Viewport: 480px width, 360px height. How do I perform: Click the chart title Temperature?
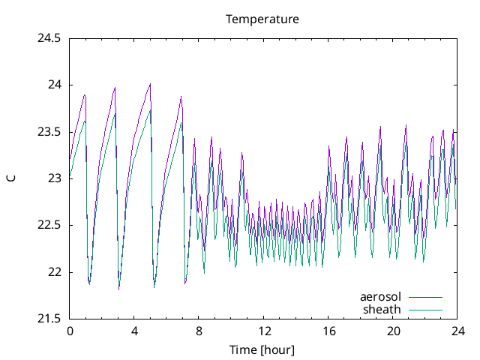pyautogui.click(x=262, y=19)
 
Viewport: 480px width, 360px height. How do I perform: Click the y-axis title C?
pyautogui.click(x=10, y=178)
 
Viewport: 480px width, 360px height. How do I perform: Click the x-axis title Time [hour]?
pyautogui.click(x=262, y=349)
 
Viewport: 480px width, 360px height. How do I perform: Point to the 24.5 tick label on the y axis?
pyautogui.click(x=49, y=37)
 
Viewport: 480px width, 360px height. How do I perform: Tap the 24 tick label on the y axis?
pyautogui.click(x=54, y=85)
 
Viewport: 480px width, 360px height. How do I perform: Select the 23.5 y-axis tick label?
pyautogui.click(x=49, y=131)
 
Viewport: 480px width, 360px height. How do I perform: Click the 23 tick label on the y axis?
pyautogui.click(x=54, y=178)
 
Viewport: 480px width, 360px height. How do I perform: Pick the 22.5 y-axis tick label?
pyautogui.click(x=49, y=225)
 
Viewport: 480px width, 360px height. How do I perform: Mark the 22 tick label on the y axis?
pyautogui.click(x=54, y=272)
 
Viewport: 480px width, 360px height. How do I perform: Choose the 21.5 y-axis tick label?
pyautogui.click(x=49, y=319)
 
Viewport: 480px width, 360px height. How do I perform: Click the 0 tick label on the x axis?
pyautogui.click(x=70, y=331)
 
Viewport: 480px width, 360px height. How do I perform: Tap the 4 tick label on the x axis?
pyautogui.click(x=134, y=331)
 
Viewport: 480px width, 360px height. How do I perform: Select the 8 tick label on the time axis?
pyautogui.click(x=199, y=331)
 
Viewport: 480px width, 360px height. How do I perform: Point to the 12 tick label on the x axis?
pyautogui.click(x=263, y=331)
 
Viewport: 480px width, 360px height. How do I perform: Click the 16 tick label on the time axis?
pyautogui.click(x=328, y=331)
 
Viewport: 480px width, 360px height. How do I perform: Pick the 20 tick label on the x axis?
pyautogui.click(x=393, y=331)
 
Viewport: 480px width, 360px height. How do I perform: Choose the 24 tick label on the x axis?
pyautogui.click(x=457, y=331)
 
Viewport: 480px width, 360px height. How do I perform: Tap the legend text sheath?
pyautogui.click(x=382, y=309)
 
